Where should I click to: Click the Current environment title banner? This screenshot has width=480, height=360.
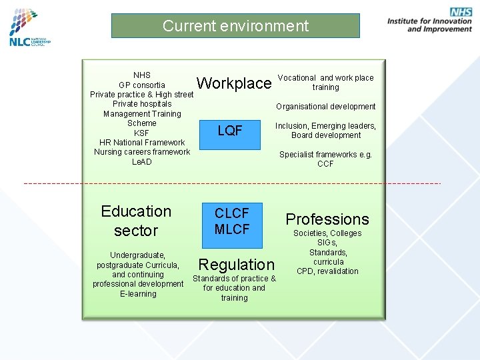235,26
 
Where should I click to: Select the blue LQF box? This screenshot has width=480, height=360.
230,131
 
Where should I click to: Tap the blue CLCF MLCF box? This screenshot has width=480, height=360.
232,221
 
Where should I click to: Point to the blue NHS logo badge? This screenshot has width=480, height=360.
461,12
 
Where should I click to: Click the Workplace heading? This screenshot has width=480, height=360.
234,83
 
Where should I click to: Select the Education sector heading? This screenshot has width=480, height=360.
136,221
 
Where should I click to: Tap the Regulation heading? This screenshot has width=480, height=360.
236,264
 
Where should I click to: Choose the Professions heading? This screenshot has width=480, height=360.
327,219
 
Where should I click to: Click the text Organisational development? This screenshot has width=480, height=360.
326,107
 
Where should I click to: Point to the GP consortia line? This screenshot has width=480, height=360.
142,85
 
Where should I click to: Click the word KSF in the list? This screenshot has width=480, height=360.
142,133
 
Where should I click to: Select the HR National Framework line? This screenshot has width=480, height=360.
142,143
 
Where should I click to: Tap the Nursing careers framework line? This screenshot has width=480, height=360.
142,152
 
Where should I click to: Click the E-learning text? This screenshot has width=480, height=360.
138,294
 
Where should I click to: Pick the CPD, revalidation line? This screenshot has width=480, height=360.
327,271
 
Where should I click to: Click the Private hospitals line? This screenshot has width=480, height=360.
142,104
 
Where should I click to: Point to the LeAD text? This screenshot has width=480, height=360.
142,162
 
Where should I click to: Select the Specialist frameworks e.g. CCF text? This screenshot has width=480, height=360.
325,159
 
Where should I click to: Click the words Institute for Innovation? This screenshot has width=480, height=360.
429,21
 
